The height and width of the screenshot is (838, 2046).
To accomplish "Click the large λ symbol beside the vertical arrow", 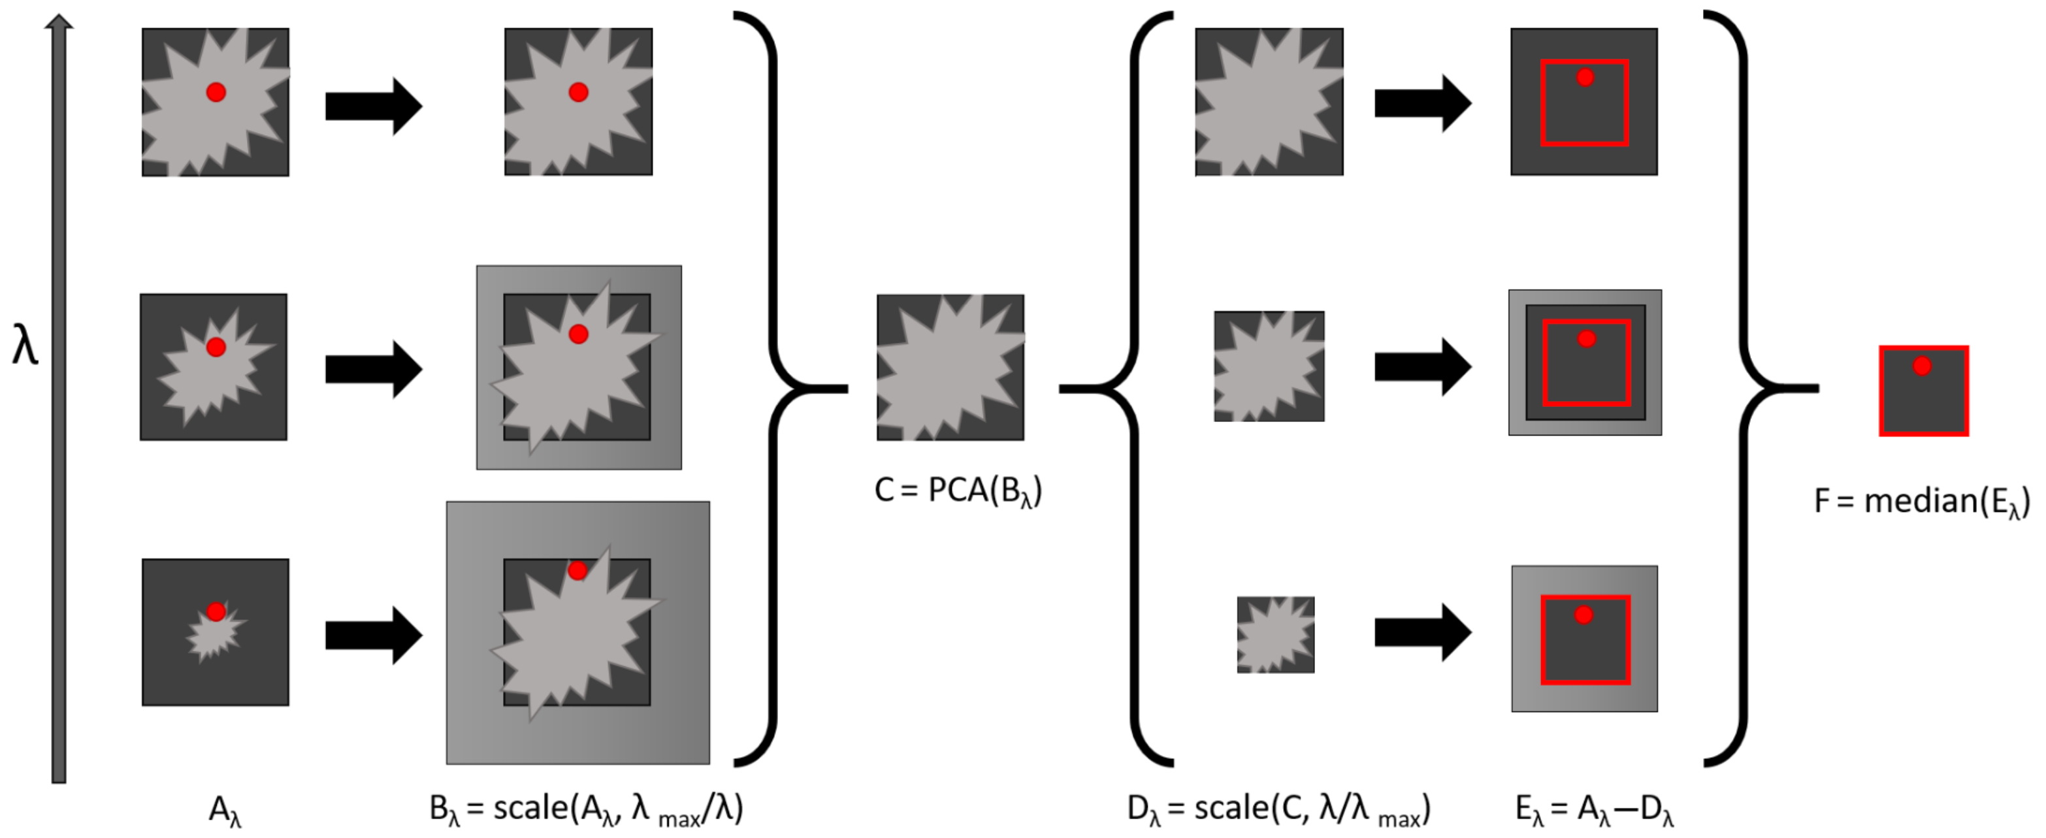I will click(25, 346).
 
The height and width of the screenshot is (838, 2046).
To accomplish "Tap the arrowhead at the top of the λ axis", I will click(59, 22).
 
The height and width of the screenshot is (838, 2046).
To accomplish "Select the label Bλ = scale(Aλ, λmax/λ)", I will click(586, 809).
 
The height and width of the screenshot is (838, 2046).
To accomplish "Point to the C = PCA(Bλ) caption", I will click(958, 491).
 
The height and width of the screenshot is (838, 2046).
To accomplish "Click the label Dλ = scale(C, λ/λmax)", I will click(1279, 809).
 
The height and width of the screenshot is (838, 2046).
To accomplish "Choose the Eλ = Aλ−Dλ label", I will click(1594, 809).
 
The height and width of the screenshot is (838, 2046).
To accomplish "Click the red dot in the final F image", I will click(1922, 366).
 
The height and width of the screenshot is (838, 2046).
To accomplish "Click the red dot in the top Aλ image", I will click(216, 92).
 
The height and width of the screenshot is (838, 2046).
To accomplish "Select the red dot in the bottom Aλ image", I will click(216, 611).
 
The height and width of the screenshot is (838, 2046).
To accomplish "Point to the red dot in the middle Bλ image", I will click(578, 334).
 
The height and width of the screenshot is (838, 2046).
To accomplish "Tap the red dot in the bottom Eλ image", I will click(1583, 615).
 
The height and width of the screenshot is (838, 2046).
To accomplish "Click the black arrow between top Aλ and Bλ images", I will click(373, 106).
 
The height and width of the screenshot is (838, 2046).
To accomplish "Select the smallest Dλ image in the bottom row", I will click(1276, 635).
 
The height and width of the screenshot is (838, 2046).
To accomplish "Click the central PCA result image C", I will click(950, 367).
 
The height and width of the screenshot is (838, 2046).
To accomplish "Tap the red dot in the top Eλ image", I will click(1585, 77).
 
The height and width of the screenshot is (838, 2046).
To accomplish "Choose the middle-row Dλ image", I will click(1269, 366).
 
